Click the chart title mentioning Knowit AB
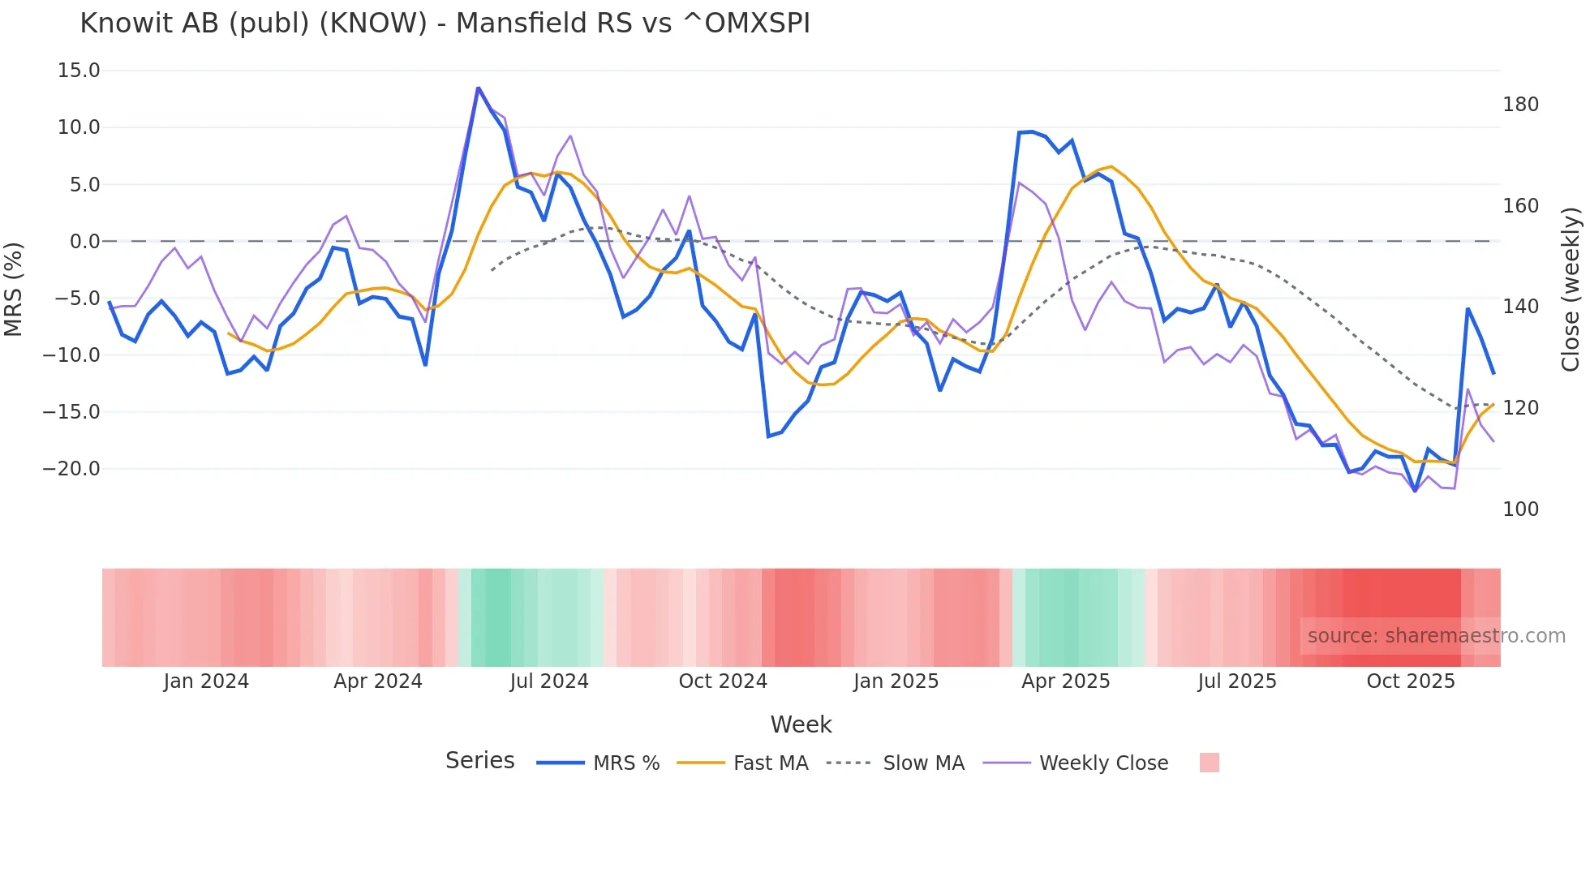coord(445,24)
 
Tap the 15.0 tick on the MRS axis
coord(79,71)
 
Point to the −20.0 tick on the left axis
coord(71,469)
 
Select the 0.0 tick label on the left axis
coord(84,242)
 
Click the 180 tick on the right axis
coord(1520,105)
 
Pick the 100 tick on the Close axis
coord(1520,509)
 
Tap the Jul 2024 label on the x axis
coord(549,681)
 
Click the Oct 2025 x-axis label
coord(1411,681)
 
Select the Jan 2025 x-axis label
coord(896,681)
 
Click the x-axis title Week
coord(801,724)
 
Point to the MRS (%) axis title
coord(14,289)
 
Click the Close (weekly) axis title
coord(1571,289)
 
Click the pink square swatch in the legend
coord(1209,763)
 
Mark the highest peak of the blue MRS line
coord(479,88)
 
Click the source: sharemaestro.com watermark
coord(1436,636)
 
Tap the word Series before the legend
coord(479,761)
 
